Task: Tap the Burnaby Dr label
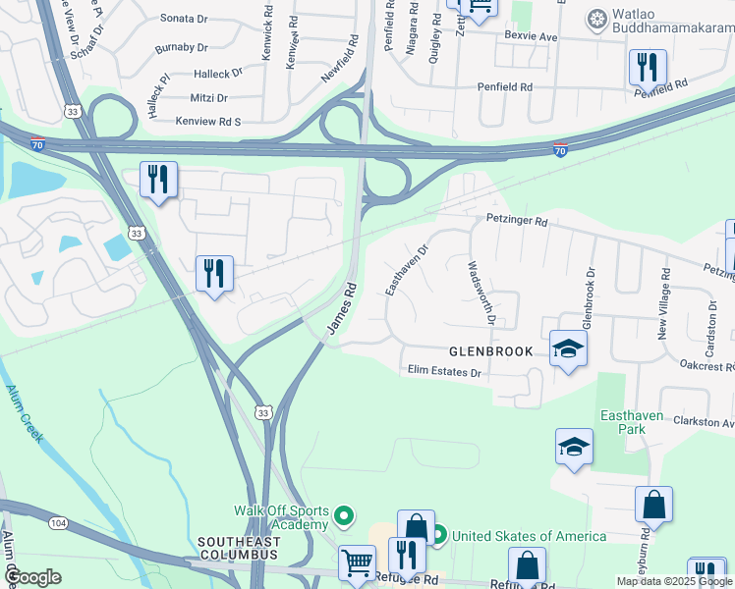[184, 46]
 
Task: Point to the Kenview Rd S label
[208, 121]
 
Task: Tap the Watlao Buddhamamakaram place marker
[596, 19]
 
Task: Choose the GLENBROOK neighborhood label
[490, 351]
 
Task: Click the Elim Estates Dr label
[444, 372]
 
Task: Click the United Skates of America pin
[437, 535]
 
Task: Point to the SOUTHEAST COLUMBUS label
[237, 548]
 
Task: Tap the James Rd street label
[340, 308]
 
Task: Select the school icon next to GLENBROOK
[568, 348]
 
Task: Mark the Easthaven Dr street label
[406, 270]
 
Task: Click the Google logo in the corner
[33, 577]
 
